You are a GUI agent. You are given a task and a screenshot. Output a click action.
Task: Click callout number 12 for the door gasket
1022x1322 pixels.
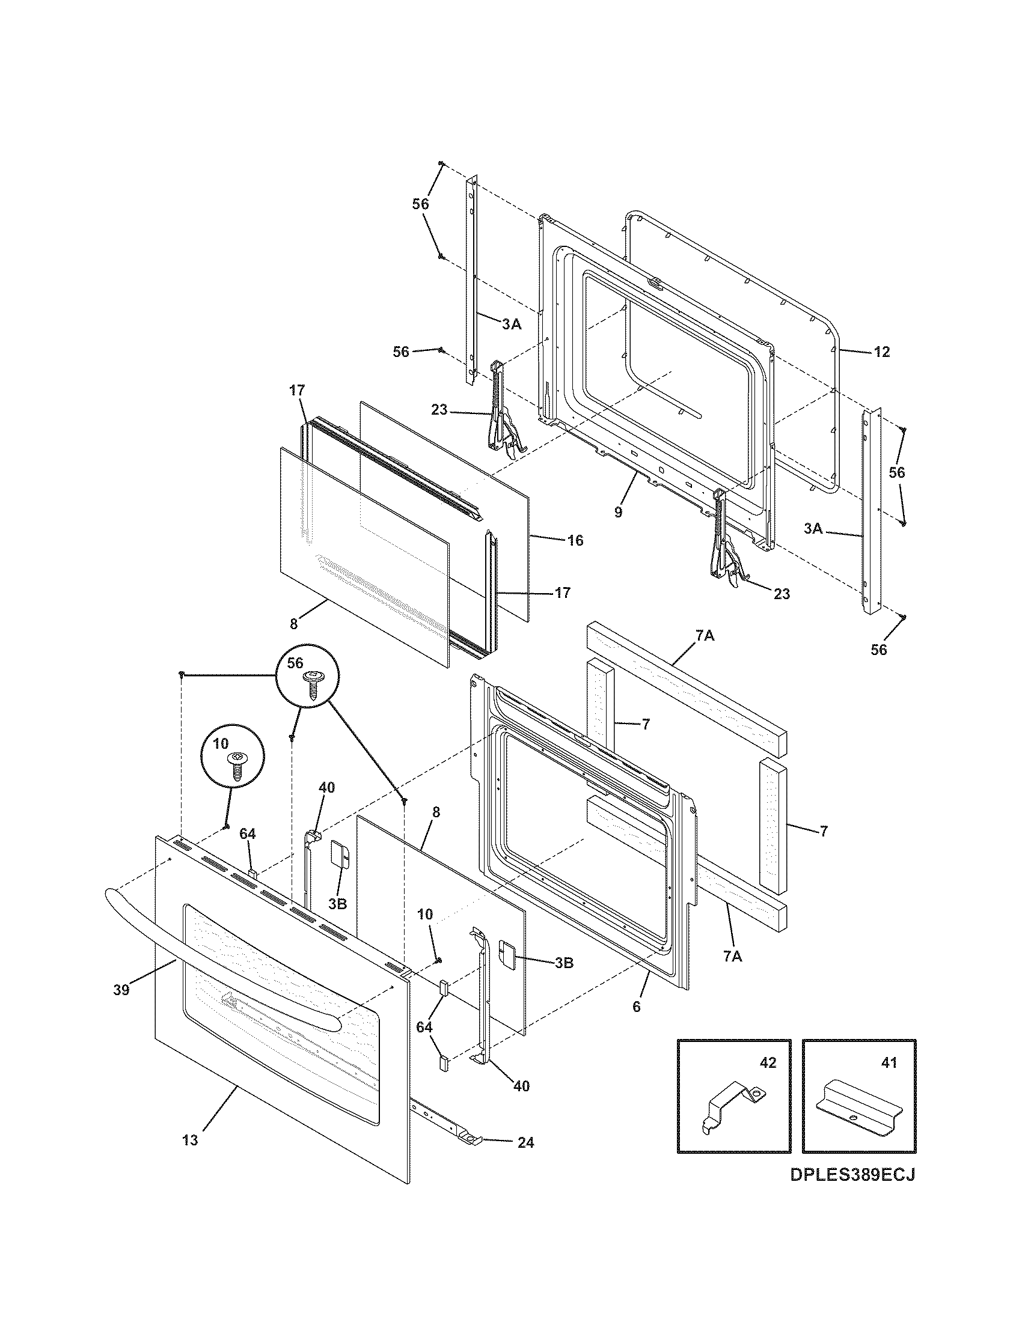pos(882,352)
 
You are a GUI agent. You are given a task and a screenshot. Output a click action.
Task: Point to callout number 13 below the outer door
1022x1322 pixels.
pos(190,1141)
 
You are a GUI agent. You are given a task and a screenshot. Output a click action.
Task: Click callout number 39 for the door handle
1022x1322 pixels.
pos(121,990)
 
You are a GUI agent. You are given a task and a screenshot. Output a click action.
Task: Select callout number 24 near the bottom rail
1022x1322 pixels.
pos(525,1143)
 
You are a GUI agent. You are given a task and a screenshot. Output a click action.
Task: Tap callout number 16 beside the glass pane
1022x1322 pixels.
pos(575,540)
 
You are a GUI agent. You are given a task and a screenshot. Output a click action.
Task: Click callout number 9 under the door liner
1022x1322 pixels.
pos(618,512)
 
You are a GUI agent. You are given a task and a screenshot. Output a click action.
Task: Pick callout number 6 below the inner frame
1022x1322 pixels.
pos(636,1007)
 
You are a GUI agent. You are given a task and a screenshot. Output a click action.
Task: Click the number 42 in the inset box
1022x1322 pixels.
pos(767,1063)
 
